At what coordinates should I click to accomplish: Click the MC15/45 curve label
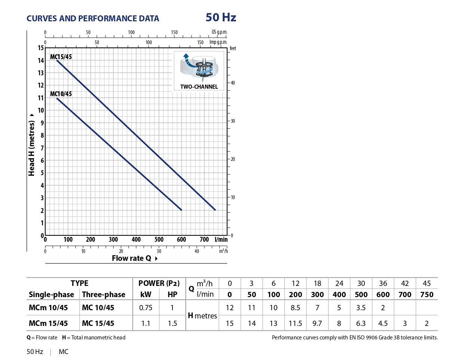pyautogui.click(x=61, y=57)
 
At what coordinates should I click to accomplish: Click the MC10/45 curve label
pyautogui.click(x=61, y=94)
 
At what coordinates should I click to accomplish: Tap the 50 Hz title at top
pyautogui.click(x=221, y=17)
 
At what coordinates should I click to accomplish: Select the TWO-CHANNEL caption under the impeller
pyautogui.click(x=199, y=86)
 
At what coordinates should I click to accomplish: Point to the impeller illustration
pyautogui.click(x=199, y=67)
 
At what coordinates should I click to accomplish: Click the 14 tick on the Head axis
pyautogui.click(x=41, y=60)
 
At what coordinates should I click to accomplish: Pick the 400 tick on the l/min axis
pyautogui.click(x=136, y=240)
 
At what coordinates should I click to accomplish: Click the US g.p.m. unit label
pyautogui.click(x=219, y=32)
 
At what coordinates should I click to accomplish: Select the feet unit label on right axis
pyautogui.click(x=233, y=48)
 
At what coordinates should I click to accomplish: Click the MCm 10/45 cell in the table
pyautogui.click(x=48, y=308)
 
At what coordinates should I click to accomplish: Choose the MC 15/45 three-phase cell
pyautogui.click(x=98, y=323)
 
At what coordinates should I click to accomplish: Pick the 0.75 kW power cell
pyautogui.click(x=146, y=308)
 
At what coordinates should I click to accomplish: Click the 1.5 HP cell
pyautogui.click(x=172, y=323)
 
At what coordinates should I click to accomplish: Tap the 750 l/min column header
pyautogui.click(x=427, y=295)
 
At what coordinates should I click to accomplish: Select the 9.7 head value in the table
pyautogui.click(x=317, y=323)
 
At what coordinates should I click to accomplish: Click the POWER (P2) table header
pyautogui.click(x=159, y=283)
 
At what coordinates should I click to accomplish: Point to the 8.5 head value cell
pyautogui.click(x=295, y=308)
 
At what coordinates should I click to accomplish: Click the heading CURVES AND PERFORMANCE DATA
pyautogui.click(x=93, y=18)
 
